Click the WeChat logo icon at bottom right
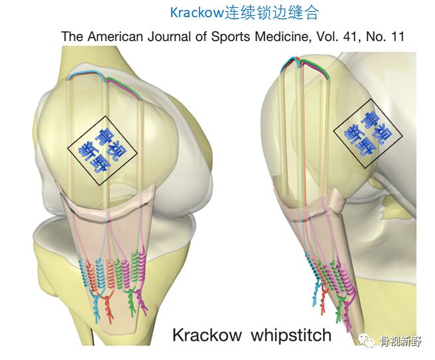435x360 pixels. pyautogui.click(x=365, y=342)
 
